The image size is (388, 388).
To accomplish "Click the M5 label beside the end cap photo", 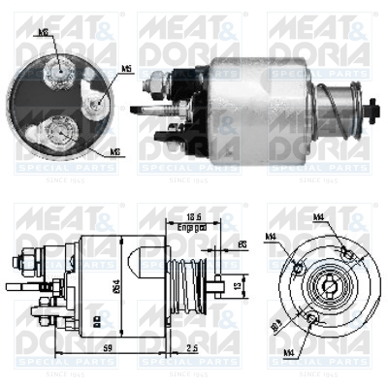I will [x=127, y=69].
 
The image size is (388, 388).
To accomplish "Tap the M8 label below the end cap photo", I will [x=113, y=151].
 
